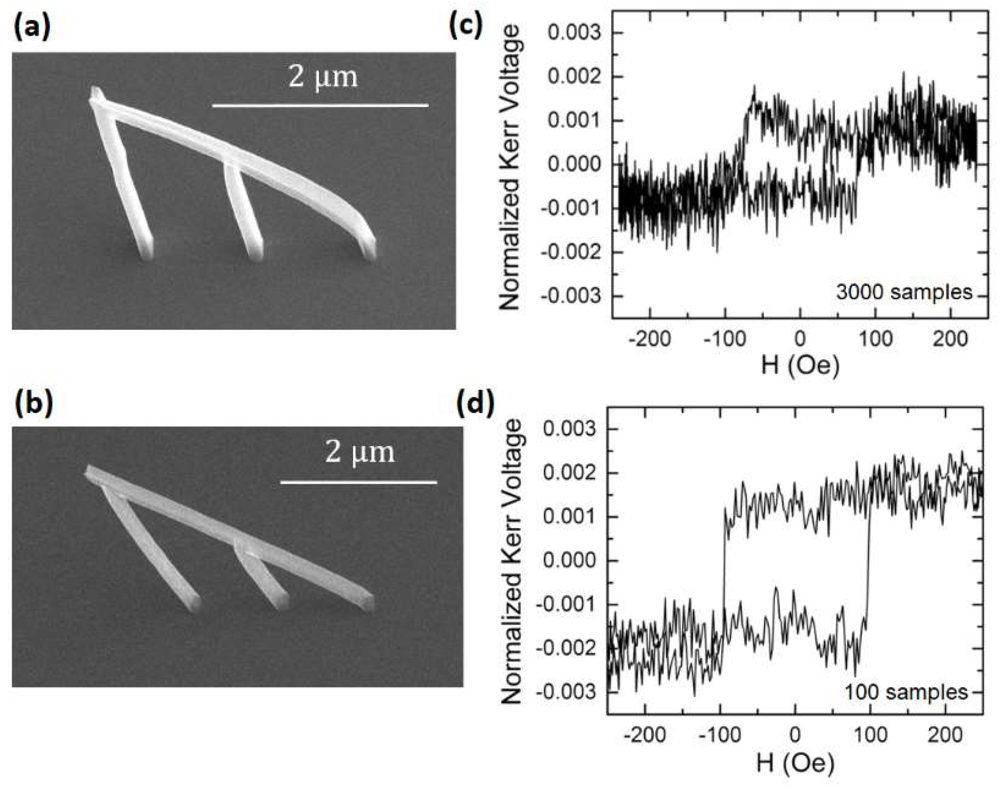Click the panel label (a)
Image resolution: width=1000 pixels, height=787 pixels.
point(32,29)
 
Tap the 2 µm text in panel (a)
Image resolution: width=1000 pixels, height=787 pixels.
point(323,77)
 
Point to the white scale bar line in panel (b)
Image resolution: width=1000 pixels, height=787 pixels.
point(358,482)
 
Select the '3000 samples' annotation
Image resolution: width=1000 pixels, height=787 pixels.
point(904,292)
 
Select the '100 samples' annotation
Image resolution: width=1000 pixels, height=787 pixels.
point(906,692)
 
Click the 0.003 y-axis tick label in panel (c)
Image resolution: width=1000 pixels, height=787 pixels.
point(575,33)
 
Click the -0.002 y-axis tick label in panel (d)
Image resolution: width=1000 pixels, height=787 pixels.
point(566,648)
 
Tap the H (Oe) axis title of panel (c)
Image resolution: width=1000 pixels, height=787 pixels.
point(800,366)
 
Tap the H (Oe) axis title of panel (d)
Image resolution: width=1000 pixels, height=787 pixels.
point(795,763)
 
